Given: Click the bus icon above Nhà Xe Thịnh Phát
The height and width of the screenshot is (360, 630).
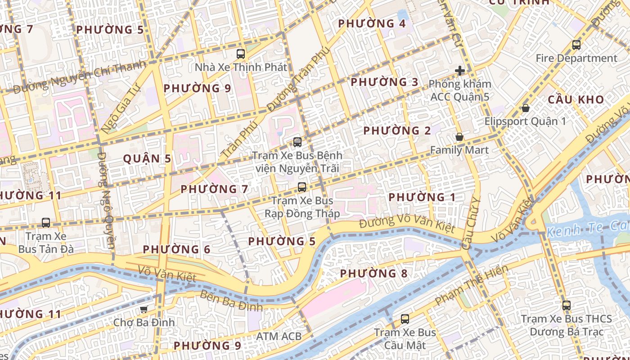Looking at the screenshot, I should tap(241, 54).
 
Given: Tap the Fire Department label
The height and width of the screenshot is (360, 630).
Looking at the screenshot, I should tap(576, 58).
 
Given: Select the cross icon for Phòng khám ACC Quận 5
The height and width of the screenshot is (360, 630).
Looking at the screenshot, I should tap(459, 71).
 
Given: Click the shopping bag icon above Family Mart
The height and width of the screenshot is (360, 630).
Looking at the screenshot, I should tap(459, 137).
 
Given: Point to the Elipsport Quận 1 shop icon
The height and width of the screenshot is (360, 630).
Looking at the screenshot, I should tap(525, 108).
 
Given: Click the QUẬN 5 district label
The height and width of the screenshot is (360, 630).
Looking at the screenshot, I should tap(147, 158).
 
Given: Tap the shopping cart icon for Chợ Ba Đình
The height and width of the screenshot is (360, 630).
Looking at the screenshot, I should tap(144, 309).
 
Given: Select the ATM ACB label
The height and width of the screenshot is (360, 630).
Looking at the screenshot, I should tap(279, 336).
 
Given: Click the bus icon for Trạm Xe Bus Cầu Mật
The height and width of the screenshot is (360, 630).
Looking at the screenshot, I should tap(405, 319).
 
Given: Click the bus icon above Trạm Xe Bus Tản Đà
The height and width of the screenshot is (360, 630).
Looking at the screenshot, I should tap(46, 222).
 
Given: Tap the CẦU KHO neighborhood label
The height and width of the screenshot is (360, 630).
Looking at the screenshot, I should tap(576, 100).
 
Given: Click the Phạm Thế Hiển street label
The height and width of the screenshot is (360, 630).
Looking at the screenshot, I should tap(472, 284).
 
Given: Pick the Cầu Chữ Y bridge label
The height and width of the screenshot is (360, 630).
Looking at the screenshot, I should tap(471, 224).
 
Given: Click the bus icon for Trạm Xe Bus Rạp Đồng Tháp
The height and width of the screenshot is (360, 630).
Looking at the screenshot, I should tap(302, 187).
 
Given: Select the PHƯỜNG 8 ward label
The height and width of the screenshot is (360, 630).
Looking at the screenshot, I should tap(373, 273).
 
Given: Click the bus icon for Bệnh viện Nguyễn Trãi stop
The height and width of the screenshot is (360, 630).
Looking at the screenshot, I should tap(297, 142).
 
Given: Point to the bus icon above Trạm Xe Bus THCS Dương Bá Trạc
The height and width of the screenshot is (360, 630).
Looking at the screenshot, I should tap(566, 305).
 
